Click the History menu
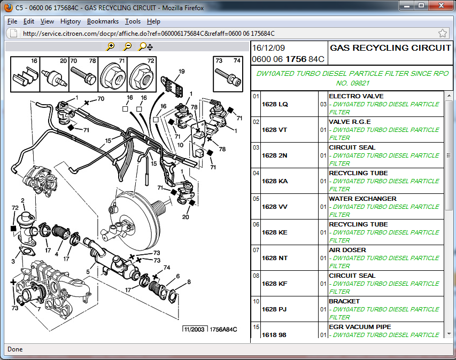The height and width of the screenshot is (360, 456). [71, 21]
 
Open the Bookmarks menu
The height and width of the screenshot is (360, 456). [103, 21]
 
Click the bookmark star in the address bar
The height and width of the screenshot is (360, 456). [442, 34]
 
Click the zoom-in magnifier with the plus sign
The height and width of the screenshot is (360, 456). [111, 46]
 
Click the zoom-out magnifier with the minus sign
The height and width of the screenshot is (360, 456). [127, 46]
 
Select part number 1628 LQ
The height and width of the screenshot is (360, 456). [275, 104]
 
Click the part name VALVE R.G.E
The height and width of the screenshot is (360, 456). [350, 122]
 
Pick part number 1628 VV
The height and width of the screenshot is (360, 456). [275, 207]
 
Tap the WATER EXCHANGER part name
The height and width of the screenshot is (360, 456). [362, 199]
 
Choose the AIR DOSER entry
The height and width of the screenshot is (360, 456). [347, 250]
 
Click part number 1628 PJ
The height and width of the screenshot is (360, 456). [274, 309]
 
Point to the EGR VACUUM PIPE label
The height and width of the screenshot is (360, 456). [360, 327]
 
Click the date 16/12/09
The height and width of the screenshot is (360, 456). [268, 48]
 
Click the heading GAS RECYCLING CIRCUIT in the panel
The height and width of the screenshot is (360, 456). [390, 48]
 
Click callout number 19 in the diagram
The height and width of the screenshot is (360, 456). [181, 72]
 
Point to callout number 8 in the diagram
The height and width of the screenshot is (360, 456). [189, 282]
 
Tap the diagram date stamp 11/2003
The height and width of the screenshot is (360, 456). [194, 330]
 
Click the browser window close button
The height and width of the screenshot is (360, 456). [441, 5]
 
